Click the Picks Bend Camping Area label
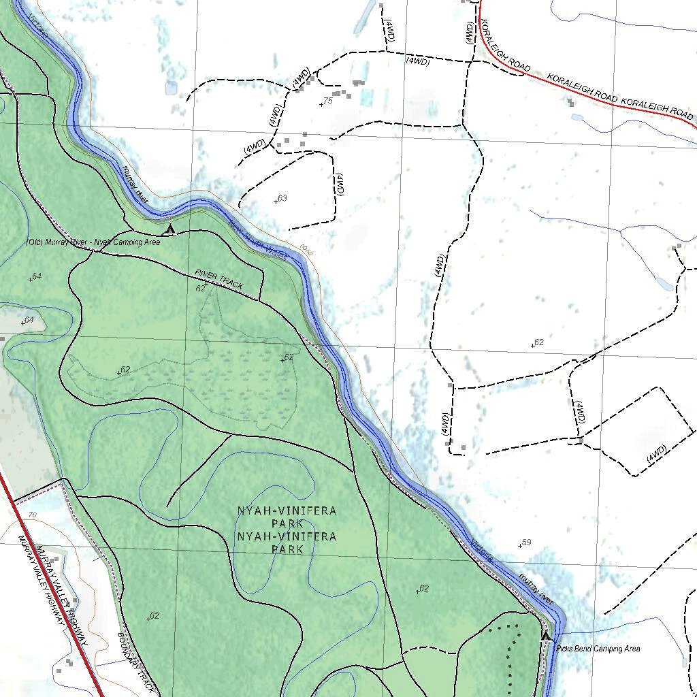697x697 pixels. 598,649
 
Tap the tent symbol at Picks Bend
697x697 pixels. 545,636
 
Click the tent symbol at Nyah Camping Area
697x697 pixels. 170,229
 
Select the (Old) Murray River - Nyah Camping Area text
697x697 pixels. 93,242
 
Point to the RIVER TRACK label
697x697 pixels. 218,280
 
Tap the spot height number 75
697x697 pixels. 327,101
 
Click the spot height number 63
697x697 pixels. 282,198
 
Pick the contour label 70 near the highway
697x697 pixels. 32,515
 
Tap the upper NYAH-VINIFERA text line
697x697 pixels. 287,510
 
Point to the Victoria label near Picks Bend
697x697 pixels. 481,551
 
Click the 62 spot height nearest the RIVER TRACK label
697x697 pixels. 201,288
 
